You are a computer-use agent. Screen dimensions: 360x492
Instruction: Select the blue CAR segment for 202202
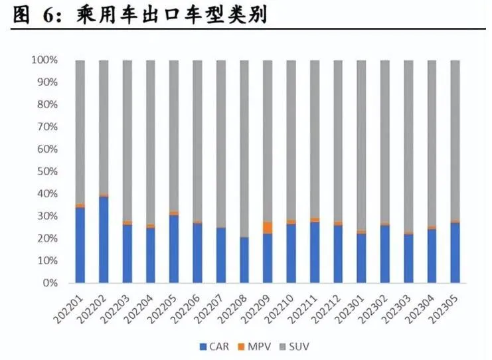click(x=104, y=239)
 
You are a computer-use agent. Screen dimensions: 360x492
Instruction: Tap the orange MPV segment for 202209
click(x=268, y=227)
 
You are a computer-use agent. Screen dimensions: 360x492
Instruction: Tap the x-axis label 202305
click(x=449, y=308)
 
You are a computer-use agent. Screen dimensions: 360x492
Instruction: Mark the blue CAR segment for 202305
click(x=455, y=253)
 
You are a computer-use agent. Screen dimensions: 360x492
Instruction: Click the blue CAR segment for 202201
click(x=80, y=245)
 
